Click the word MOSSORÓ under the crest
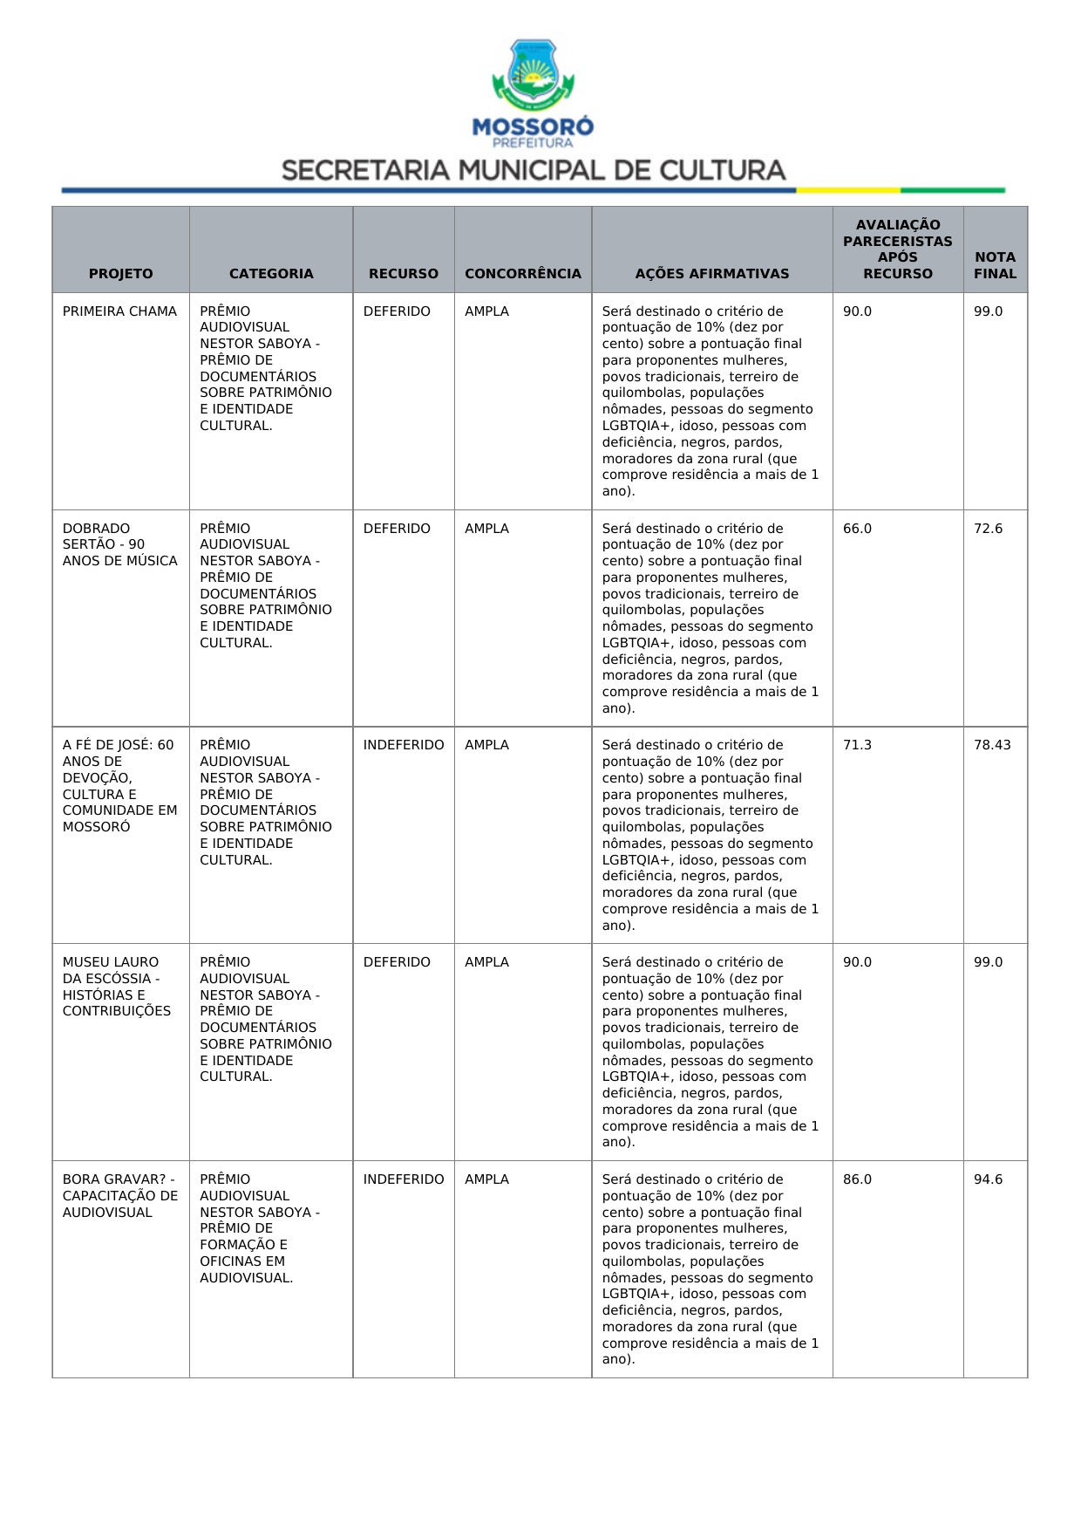(x=533, y=126)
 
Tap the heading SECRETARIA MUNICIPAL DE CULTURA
(x=534, y=170)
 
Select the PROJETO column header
(x=120, y=273)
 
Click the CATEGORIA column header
(x=271, y=273)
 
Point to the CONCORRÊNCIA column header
(x=523, y=273)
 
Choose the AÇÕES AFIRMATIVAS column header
(x=711, y=273)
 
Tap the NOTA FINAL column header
(x=995, y=265)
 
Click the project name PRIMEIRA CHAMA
(x=119, y=311)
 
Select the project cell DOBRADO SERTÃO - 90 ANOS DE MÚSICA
(x=119, y=544)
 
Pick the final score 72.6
(x=988, y=529)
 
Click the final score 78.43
(x=992, y=745)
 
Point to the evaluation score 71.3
(x=857, y=745)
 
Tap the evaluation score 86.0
(x=857, y=1179)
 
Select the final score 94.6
(x=988, y=1179)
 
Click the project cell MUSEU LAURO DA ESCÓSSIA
(x=117, y=987)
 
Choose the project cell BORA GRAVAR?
(x=119, y=1195)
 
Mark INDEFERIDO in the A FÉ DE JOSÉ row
(x=404, y=745)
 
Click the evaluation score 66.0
(x=857, y=529)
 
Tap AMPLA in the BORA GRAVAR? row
(x=486, y=1179)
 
